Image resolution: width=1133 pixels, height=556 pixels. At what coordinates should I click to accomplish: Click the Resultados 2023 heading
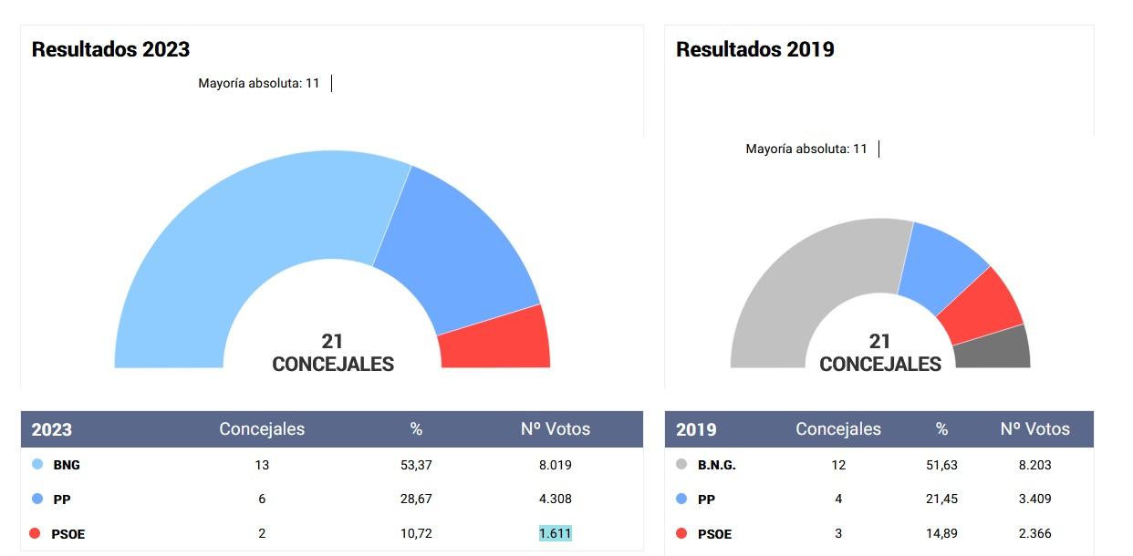110,49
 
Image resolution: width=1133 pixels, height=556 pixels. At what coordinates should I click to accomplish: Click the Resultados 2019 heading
754,49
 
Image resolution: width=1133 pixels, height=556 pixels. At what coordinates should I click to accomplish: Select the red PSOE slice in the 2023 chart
495,339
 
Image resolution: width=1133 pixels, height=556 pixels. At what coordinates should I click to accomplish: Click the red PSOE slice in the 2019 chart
981,305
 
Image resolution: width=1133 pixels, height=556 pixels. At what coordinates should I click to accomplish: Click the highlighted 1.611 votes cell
555,533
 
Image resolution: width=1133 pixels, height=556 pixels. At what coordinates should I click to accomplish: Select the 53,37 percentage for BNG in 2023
416,465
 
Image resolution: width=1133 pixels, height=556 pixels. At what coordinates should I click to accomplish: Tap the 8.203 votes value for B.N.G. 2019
1034,465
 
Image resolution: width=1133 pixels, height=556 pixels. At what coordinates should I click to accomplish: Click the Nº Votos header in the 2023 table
555,428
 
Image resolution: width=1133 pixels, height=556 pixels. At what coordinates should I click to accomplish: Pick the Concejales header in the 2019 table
838,428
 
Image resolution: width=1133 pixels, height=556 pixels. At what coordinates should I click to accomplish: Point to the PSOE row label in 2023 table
68,534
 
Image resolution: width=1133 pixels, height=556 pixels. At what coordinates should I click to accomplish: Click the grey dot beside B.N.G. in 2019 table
681,465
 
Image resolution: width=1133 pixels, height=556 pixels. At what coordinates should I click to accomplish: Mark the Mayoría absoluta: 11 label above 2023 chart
259,84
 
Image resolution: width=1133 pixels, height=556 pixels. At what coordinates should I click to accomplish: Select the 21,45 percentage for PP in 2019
941,499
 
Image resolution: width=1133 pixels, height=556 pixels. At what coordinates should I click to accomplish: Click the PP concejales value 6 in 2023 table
262,499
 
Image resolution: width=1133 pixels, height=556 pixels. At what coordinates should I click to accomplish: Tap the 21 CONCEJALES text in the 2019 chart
880,353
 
